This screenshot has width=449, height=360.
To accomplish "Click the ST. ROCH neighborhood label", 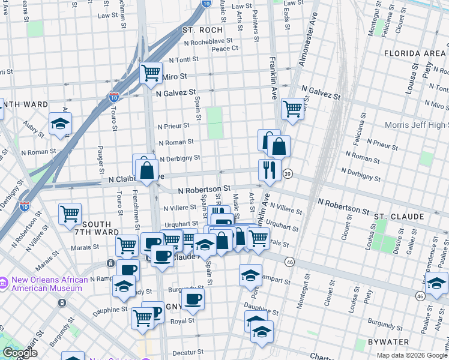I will [x=202, y=29].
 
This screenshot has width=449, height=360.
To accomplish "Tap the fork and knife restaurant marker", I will [x=270, y=169].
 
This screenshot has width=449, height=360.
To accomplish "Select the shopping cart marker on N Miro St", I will [x=151, y=73].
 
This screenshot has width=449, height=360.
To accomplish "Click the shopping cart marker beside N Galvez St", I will [x=292, y=109].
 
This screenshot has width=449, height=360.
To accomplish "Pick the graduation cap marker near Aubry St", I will [x=60, y=123].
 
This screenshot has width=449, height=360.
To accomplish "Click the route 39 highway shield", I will [x=288, y=173].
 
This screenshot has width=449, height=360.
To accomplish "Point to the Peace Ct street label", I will [x=225, y=48].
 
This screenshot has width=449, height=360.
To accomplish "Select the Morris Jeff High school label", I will [x=418, y=125].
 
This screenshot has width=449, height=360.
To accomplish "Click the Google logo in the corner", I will [x=19, y=353].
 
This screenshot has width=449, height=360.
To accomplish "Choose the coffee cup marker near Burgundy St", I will [x=193, y=299].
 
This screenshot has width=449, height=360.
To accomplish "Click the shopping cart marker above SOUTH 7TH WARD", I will [x=70, y=213].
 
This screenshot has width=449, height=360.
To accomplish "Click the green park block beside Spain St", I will [x=214, y=122].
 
